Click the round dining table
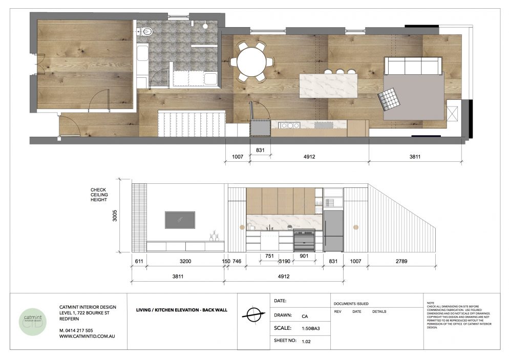click(251, 61)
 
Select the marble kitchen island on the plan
click(328, 86)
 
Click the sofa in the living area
click(413, 66)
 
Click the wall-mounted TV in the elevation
click(180, 220)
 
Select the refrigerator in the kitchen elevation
click(333, 231)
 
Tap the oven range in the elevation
click(304, 240)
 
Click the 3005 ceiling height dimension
click(115, 216)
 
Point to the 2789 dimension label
click(401, 261)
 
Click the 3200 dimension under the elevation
click(185, 261)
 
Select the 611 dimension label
click(139, 261)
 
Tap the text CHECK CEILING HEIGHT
click(99, 195)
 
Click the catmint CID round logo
click(33, 322)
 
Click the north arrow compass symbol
click(253, 314)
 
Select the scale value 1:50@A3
click(311, 328)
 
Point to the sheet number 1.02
click(306, 341)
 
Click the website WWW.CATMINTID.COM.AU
click(87, 336)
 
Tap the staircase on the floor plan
click(192, 124)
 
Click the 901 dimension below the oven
click(304, 256)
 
